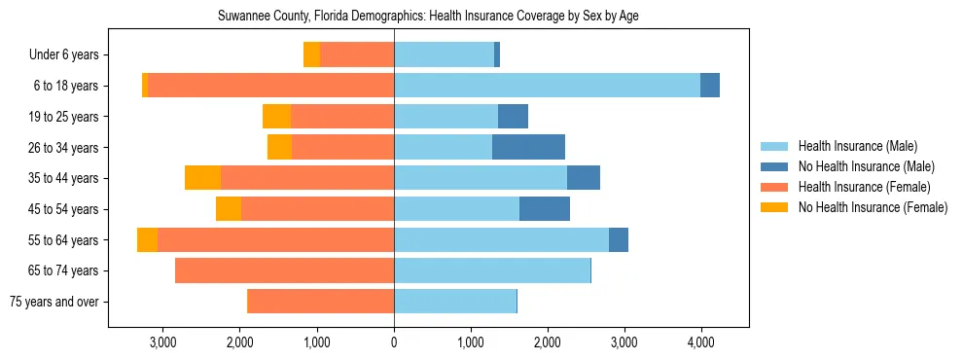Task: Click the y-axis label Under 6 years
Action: click(x=63, y=55)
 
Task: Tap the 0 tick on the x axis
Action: click(x=394, y=342)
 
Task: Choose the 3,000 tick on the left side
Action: click(x=163, y=342)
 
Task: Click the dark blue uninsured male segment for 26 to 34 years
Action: click(x=528, y=148)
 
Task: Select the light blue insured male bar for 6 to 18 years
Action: click(x=547, y=86)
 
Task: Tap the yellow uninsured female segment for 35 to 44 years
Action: click(x=202, y=178)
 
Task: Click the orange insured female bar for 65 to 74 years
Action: click(x=284, y=270)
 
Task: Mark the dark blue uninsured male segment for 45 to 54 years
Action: click(x=545, y=209)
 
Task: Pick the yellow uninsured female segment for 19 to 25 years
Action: click(x=276, y=117)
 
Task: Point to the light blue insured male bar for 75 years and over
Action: click(x=455, y=302)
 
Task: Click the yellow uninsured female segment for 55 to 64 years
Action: click(x=147, y=240)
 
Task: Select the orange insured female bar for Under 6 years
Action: click(x=357, y=55)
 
